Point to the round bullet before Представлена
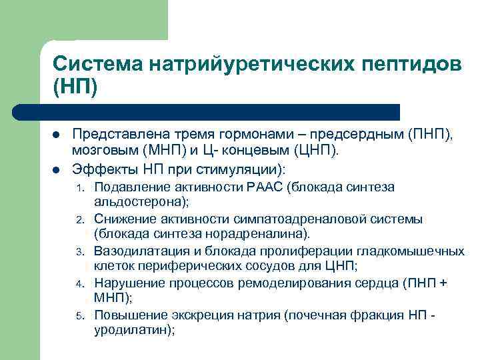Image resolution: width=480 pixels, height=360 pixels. tap(57, 135)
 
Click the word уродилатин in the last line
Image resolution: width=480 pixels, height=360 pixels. tap(133, 330)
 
